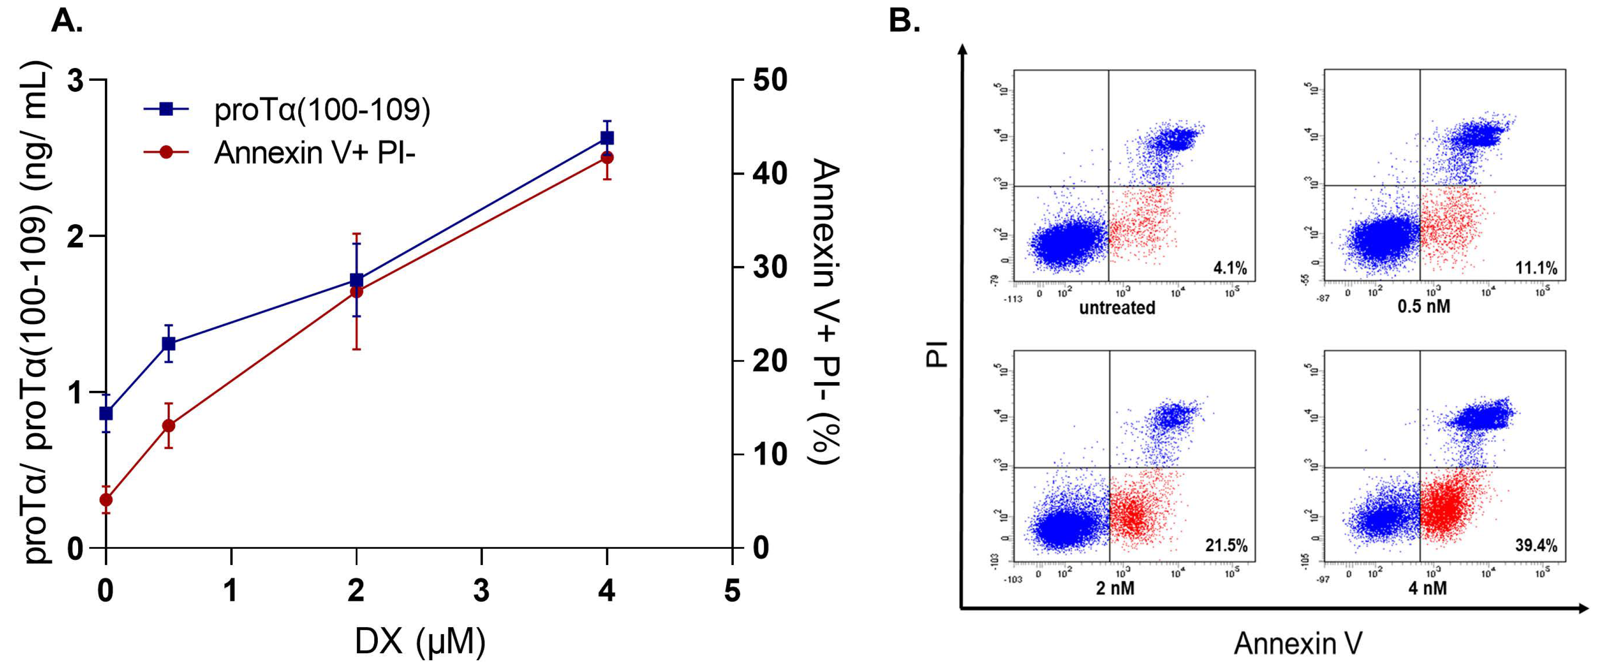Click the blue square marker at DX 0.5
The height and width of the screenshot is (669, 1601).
point(169,343)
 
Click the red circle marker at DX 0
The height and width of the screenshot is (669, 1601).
point(106,499)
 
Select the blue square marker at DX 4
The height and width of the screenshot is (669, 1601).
point(607,138)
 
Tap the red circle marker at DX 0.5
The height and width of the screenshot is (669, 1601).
point(169,425)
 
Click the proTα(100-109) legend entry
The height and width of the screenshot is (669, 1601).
point(322,110)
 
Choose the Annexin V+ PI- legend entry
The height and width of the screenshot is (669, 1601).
point(314,152)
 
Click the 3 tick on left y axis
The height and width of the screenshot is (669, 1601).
point(75,80)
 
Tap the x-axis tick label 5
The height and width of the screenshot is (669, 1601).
point(732,591)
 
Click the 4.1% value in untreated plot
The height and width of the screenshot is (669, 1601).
point(1230,268)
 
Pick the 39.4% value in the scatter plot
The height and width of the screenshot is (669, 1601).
point(1536,545)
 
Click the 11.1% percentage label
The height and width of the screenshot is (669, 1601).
point(1536,268)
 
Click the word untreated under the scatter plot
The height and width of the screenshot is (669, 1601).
point(1117,308)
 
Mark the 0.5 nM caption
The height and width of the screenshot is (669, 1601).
point(1423,307)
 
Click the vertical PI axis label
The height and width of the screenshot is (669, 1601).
point(935,355)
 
